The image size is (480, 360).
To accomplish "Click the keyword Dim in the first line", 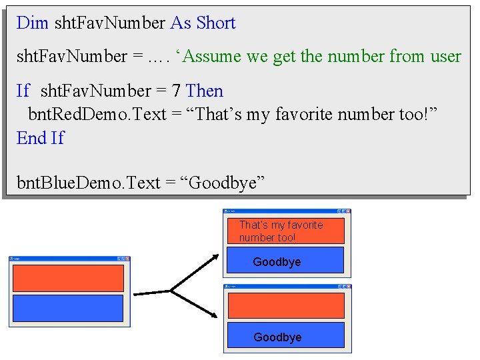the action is click(x=32, y=23).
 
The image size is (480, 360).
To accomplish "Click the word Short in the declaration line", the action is click(x=216, y=23).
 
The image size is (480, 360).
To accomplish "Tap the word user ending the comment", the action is click(x=445, y=57).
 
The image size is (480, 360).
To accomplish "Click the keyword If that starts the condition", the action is click(x=23, y=91).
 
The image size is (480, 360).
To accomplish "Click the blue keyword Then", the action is click(x=205, y=91).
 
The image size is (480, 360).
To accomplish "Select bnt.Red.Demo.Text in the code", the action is click(x=97, y=115).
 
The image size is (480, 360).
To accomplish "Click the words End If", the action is click(x=40, y=138).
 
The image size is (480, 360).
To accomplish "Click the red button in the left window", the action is click(x=68, y=278).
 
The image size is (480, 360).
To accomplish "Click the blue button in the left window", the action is click(x=68, y=308).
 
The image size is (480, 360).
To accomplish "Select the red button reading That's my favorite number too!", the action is click(x=286, y=231).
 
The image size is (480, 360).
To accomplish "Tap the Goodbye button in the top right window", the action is click(x=286, y=261).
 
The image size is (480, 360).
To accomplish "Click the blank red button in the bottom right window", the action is click(x=286, y=305).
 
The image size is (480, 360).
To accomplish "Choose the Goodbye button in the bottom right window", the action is click(x=286, y=337).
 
